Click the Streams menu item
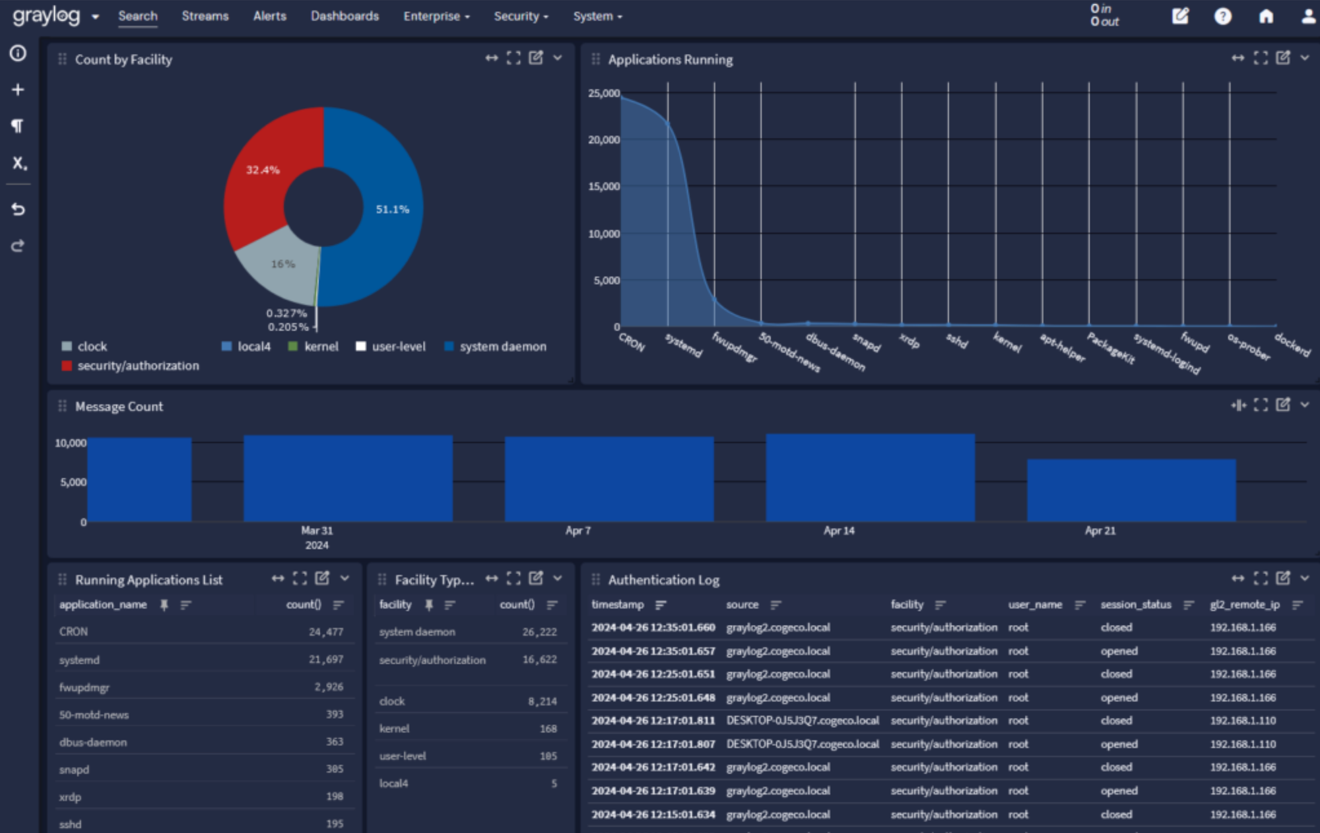point(205,16)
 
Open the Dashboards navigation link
point(345,16)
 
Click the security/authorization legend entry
point(137,366)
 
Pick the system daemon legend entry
point(502,347)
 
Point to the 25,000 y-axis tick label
point(603,93)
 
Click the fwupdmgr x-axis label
point(734,347)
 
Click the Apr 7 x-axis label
point(577,531)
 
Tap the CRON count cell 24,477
point(325,632)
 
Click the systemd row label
point(79,659)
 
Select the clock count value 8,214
point(542,701)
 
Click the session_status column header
point(1135,605)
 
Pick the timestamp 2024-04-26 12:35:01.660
point(653,627)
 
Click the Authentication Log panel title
point(663,580)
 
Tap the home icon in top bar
point(1265,16)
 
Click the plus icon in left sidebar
point(18,89)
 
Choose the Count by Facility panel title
point(123,59)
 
